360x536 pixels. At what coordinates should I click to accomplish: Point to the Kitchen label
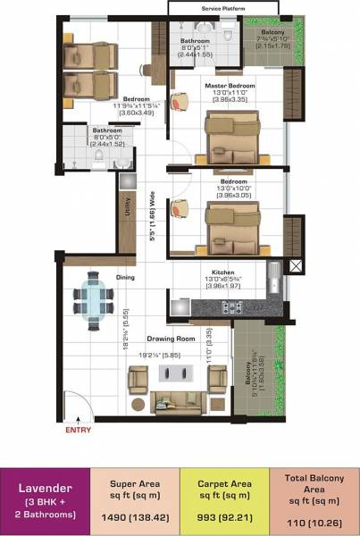coord(222,272)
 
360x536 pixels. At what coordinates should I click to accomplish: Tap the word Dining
coord(125,278)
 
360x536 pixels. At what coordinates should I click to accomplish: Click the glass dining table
coord(94,297)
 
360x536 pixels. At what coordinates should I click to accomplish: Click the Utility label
coord(129,209)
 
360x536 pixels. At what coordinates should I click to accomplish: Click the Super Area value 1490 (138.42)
coord(135,517)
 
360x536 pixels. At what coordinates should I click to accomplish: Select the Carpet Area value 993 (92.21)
coord(224,517)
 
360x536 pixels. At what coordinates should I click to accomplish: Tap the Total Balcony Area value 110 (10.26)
coord(314,517)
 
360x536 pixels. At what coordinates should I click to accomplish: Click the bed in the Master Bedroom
coord(231,133)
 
